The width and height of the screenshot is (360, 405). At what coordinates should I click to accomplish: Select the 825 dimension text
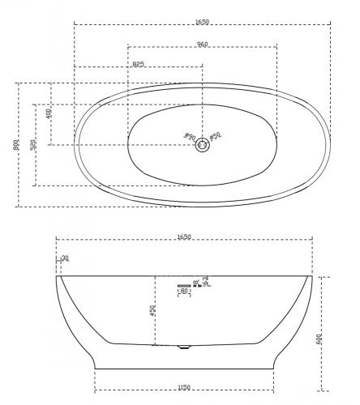pyautogui.click(x=138, y=63)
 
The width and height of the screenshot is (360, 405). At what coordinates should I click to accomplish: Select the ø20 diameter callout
pyautogui.click(x=190, y=137)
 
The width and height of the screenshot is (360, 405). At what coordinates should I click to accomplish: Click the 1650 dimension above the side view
pyautogui.click(x=184, y=237)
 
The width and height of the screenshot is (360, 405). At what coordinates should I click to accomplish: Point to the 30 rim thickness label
pyautogui.click(x=63, y=259)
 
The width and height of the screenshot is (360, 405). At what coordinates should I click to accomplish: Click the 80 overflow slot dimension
pyautogui.click(x=184, y=291)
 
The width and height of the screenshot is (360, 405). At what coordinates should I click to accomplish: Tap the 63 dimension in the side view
pyautogui.click(x=206, y=279)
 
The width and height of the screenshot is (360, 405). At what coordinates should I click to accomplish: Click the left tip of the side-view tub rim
pyautogui.click(x=58, y=275)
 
